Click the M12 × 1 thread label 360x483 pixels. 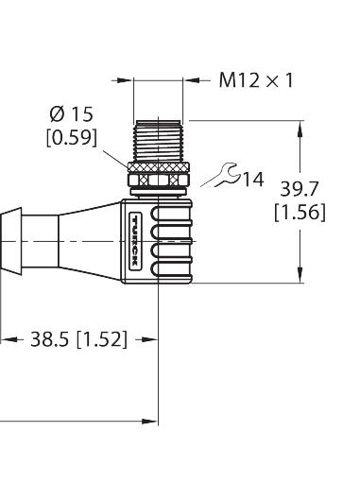256,80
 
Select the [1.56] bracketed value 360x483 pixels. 299,214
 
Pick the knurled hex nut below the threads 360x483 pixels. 160,176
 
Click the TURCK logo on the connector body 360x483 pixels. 136,238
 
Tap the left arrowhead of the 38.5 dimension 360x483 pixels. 7,338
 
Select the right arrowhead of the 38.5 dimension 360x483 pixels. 150,338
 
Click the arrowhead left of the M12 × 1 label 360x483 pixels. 128,80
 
